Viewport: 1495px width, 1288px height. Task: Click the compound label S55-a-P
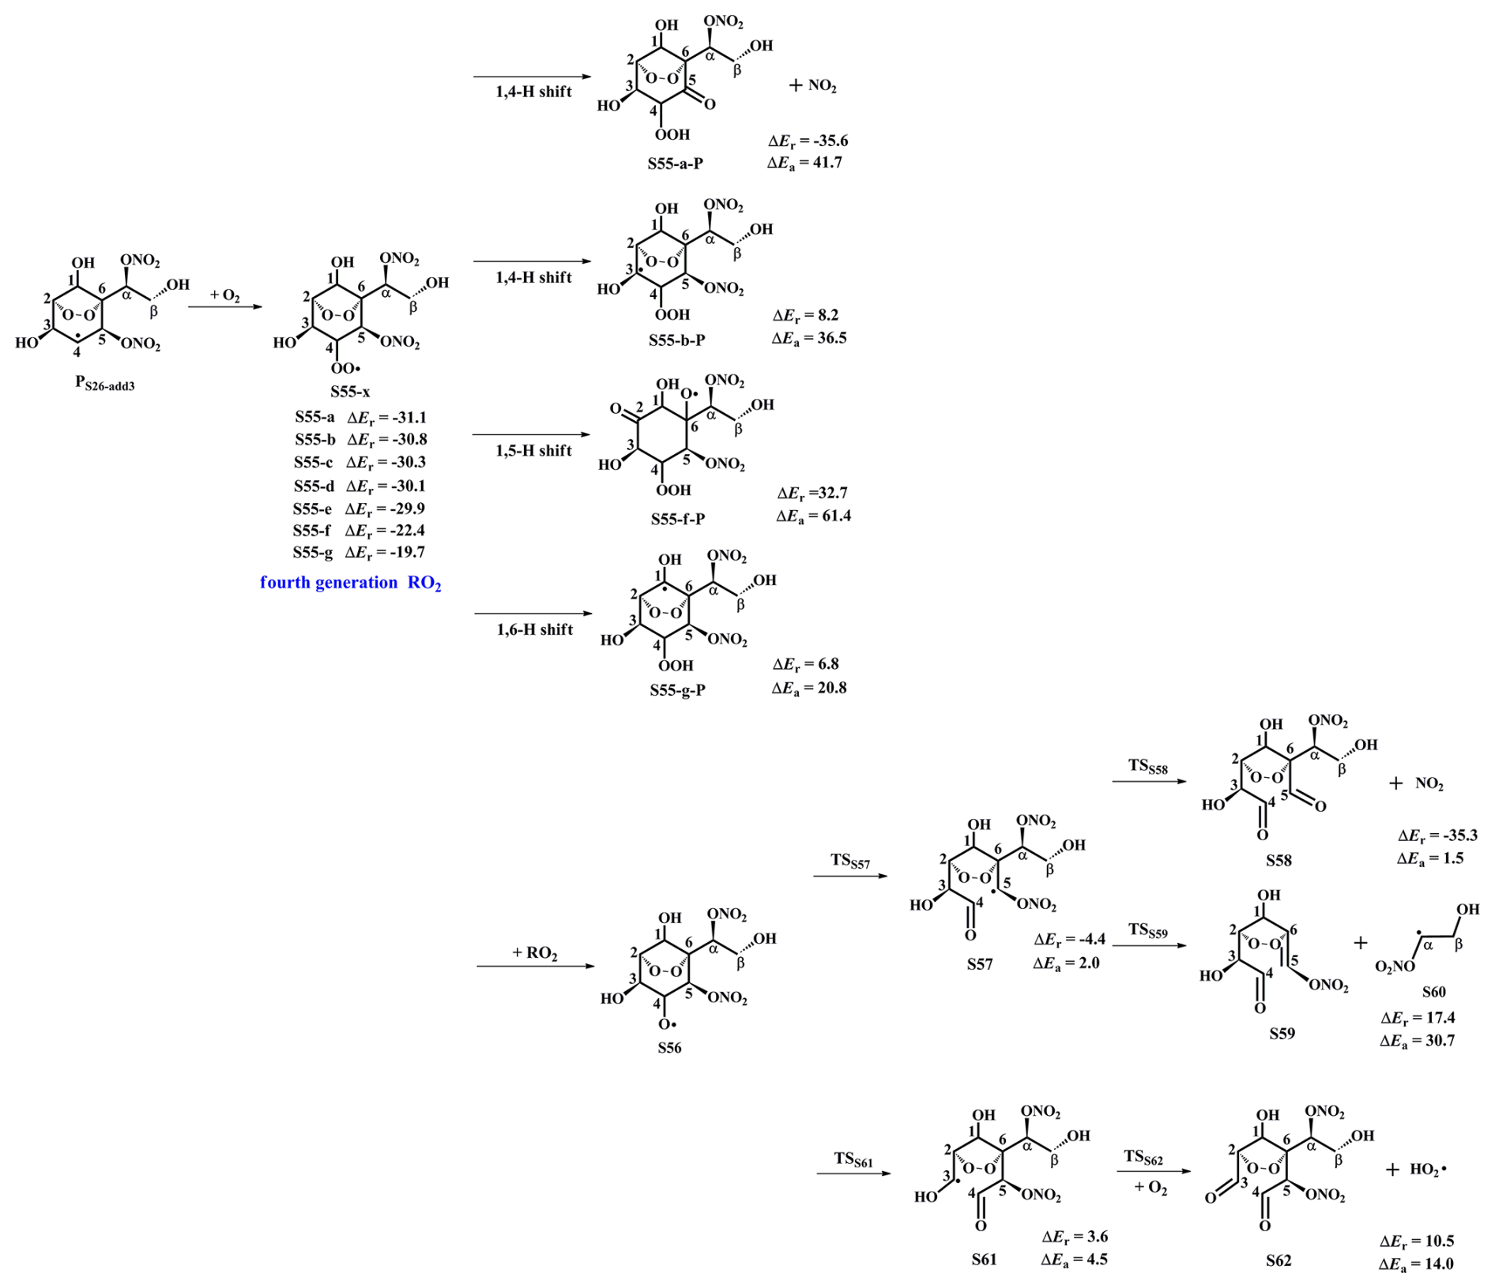(x=675, y=163)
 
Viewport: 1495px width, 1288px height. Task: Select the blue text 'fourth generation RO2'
(x=350, y=583)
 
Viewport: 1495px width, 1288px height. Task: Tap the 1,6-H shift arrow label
(x=534, y=629)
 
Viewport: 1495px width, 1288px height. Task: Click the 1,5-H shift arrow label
(x=533, y=450)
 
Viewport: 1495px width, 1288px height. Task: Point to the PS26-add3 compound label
(x=104, y=383)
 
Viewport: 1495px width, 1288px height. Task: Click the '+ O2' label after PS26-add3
(x=224, y=295)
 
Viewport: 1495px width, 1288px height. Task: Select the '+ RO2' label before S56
(x=534, y=952)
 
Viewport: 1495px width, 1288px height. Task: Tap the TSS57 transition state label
(x=849, y=861)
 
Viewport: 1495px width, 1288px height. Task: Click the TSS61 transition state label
(x=853, y=1158)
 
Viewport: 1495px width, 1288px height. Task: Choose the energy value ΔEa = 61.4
(x=813, y=516)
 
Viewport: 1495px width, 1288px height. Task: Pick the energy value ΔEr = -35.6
(x=808, y=141)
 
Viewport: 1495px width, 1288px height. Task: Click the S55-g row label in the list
(x=313, y=552)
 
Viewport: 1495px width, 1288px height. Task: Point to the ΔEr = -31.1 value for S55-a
(x=386, y=417)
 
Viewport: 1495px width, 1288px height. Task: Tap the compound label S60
(x=1433, y=992)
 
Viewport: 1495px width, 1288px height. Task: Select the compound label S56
(x=668, y=1047)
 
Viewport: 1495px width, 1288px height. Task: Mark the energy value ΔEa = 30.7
(x=1417, y=1040)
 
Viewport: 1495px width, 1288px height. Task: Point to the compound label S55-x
(x=350, y=392)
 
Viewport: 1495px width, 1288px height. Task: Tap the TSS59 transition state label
(x=1147, y=930)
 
